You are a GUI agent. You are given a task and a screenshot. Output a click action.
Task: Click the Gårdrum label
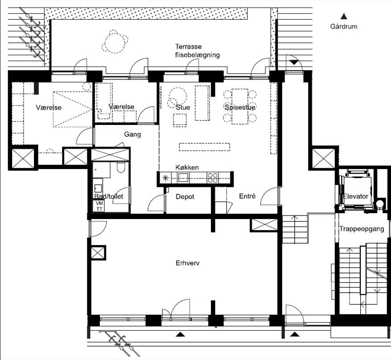click(344, 26)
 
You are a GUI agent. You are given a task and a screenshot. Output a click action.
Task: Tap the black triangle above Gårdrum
click(344, 17)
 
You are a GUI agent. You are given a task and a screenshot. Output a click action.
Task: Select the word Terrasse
click(188, 47)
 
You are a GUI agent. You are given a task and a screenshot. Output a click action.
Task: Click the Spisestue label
click(240, 107)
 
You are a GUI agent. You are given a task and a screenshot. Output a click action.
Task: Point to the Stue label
click(183, 107)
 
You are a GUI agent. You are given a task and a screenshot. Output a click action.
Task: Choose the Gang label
click(132, 134)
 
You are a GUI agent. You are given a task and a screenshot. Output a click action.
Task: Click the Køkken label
click(187, 167)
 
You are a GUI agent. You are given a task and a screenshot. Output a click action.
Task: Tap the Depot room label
click(185, 197)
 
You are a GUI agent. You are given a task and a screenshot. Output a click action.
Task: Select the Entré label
click(247, 196)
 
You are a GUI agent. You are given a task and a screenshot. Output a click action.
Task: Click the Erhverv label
click(188, 263)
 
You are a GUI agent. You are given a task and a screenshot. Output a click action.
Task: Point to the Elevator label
click(356, 196)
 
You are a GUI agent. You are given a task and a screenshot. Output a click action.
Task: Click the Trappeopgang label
click(362, 229)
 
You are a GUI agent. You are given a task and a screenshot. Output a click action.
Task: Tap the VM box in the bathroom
click(99, 203)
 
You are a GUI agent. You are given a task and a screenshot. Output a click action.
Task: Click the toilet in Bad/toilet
click(121, 167)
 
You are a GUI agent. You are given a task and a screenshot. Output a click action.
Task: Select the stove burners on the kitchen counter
click(213, 178)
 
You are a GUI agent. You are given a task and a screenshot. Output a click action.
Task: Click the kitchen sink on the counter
click(183, 178)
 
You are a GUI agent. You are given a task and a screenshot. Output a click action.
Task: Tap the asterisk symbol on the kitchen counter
click(165, 178)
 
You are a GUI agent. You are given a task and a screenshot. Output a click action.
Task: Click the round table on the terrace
click(115, 42)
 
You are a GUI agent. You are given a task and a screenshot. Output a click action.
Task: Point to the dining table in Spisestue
click(239, 107)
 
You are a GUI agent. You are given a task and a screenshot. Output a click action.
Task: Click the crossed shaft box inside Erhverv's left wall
click(98, 253)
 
